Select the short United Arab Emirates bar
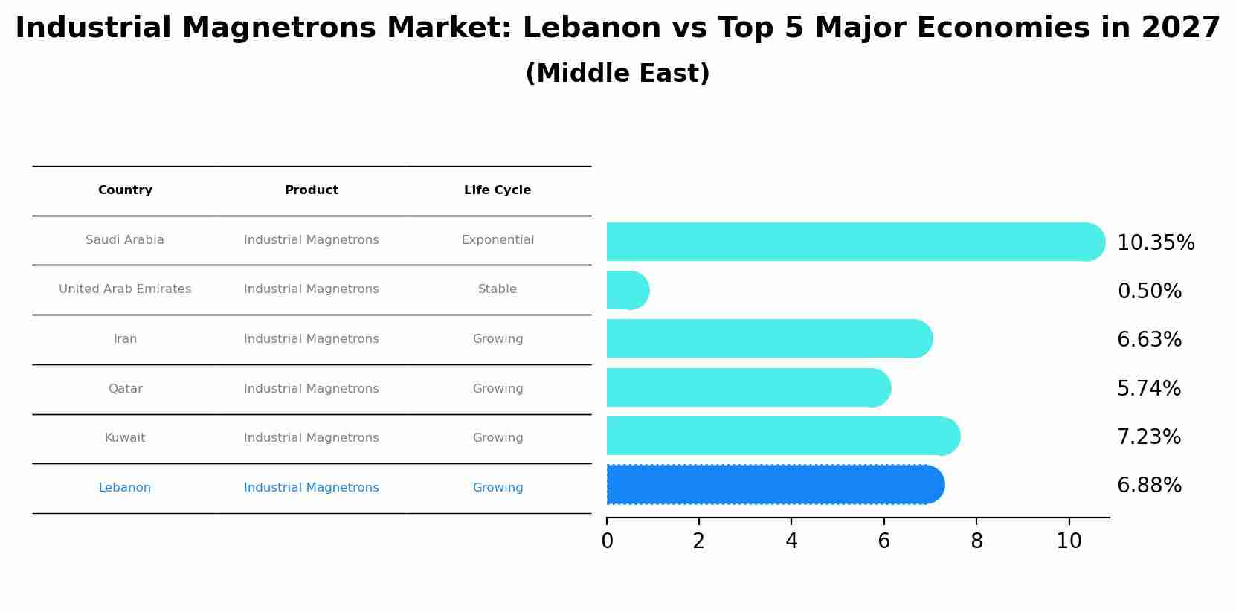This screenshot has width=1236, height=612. [627, 290]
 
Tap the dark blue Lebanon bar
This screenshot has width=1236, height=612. [773, 485]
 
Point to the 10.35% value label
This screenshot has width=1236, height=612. [1155, 243]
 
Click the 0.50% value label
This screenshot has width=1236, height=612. [1149, 291]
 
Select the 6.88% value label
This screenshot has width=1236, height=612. [1149, 486]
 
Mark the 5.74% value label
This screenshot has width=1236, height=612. [1148, 389]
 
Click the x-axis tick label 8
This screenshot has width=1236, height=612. [976, 541]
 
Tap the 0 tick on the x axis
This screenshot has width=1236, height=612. [607, 541]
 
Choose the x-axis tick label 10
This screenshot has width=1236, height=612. [1069, 541]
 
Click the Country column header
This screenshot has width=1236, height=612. [125, 190]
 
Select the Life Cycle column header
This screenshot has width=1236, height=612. [498, 190]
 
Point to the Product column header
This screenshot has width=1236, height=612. [312, 190]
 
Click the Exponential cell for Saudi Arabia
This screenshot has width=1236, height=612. [498, 240]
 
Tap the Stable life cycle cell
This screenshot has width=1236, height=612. [498, 289]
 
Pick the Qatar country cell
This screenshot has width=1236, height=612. [125, 389]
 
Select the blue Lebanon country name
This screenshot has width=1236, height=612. [125, 488]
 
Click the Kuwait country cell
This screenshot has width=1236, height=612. [125, 438]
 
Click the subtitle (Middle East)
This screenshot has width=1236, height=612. [617, 74]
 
